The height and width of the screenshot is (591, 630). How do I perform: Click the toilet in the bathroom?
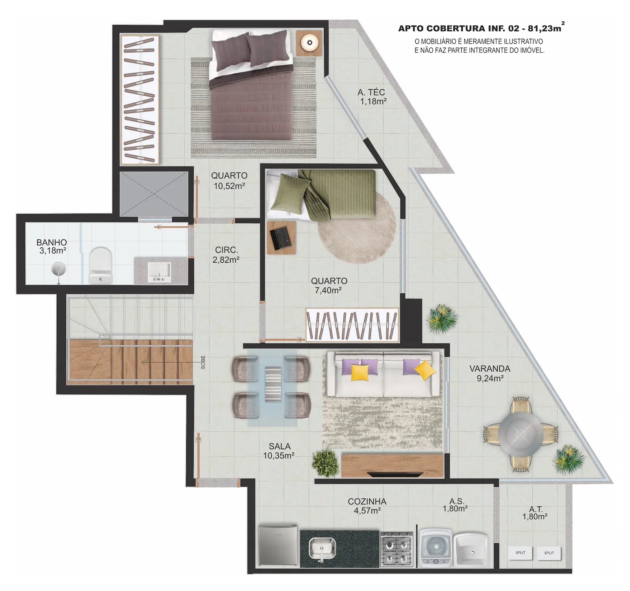click(101, 266)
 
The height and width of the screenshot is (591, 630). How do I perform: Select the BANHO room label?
click(52, 243)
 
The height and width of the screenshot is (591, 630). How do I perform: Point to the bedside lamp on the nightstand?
click(309, 43)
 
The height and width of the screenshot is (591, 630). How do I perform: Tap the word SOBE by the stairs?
click(203, 362)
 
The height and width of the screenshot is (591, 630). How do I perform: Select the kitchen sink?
click(322, 548)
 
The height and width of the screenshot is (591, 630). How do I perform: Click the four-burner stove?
click(397, 549)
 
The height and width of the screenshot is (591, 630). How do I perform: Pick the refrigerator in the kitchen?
click(278, 545)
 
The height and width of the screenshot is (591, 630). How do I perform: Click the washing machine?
click(436, 548)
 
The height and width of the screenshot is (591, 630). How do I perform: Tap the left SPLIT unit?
click(520, 552)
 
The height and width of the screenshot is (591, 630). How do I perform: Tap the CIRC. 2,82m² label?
click(226, 255)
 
